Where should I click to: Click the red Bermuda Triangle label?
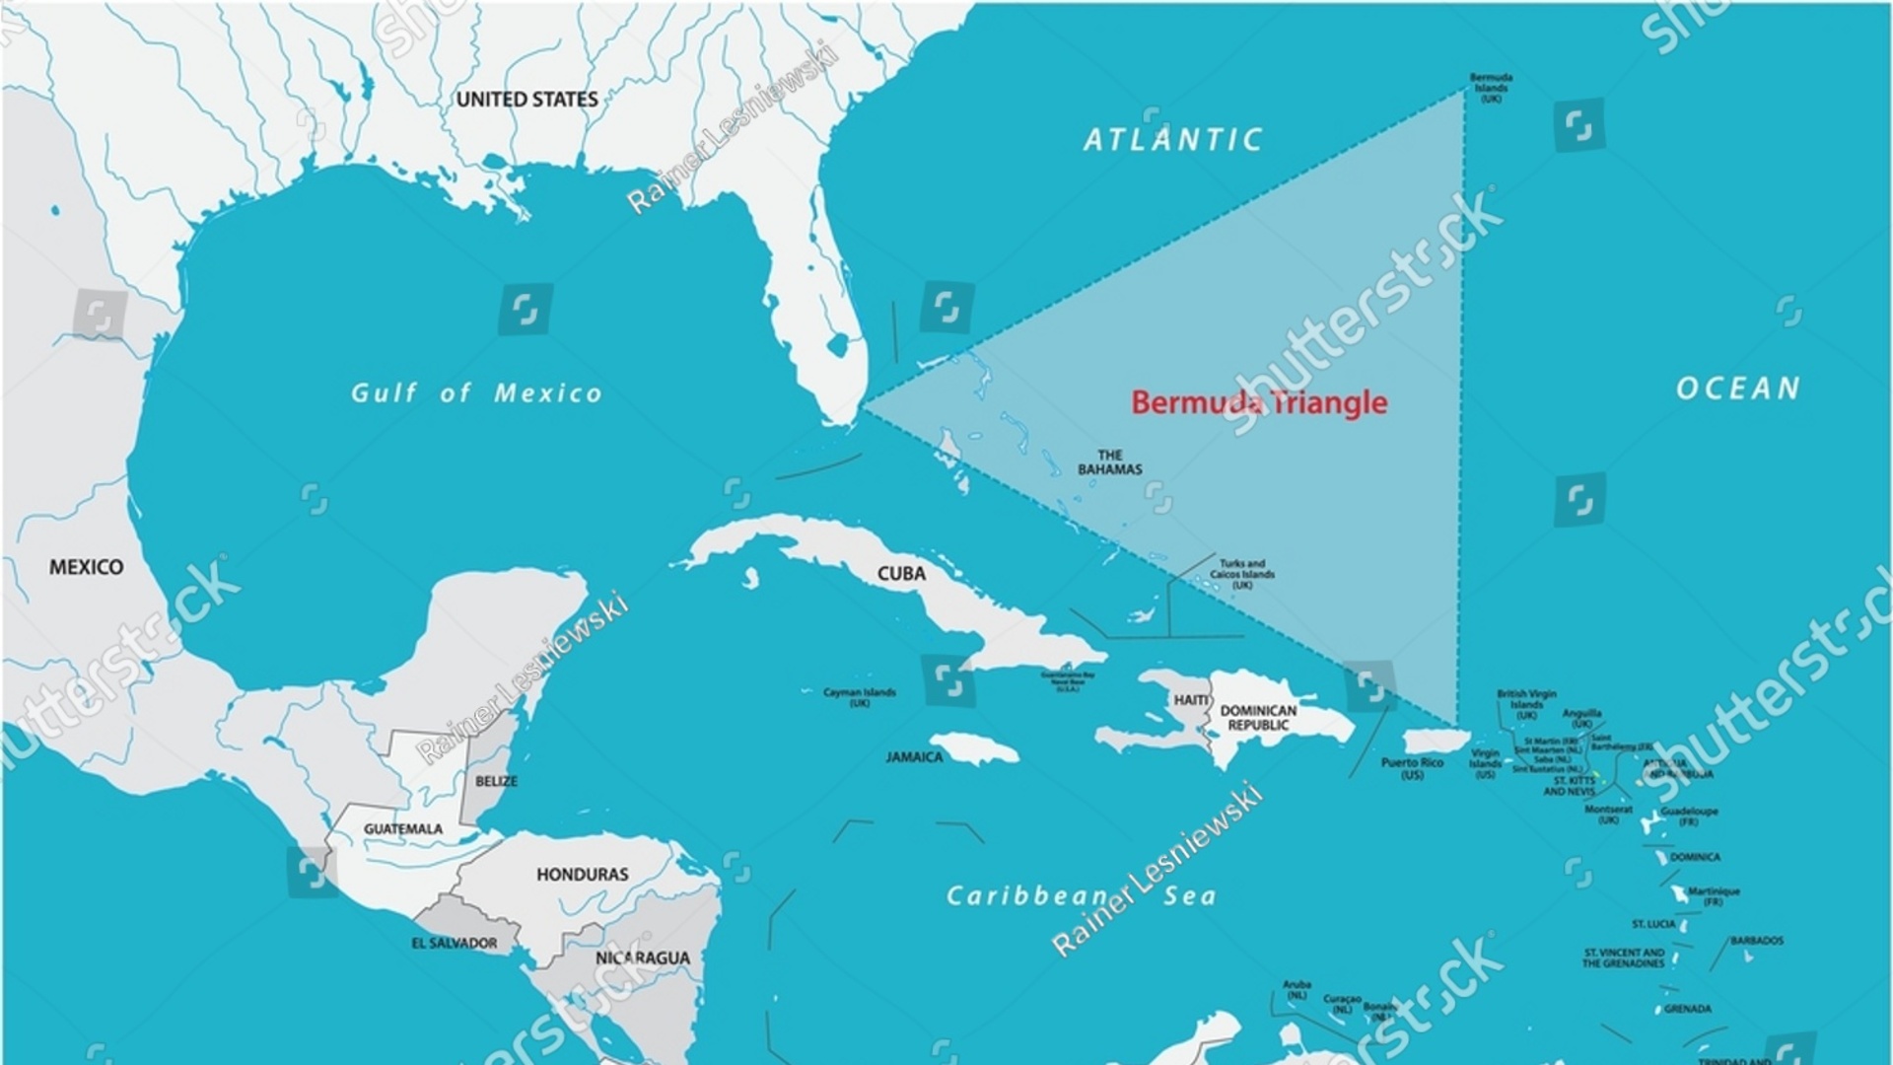tap(1258, 402)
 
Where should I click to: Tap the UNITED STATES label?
tap(526, 100)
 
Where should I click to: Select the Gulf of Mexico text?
tap(476, 393)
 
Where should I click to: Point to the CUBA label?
tap(901, 574)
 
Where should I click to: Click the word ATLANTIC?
tap(1172, 140)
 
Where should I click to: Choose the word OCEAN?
tap(1738, 389)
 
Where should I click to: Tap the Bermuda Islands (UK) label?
tap(1491, 88)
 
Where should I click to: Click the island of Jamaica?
tap(974, 748)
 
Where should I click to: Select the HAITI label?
tap(1190, 700)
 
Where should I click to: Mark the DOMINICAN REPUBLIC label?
tap(1258, 718)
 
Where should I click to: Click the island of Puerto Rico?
tap(1436, 741)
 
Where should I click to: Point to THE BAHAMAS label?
tap(1109, 462)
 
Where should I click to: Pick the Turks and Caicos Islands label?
tap(1242, 574)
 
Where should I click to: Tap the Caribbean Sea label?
tap(1081, 896)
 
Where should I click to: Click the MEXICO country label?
tap(87, 567)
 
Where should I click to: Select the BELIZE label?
tap(496, 781)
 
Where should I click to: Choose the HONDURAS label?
tap(582, 875)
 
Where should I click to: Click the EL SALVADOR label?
tap(454, 944)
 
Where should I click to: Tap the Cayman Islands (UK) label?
tap(860, 697)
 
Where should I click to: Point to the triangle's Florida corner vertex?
tap(865, 403)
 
